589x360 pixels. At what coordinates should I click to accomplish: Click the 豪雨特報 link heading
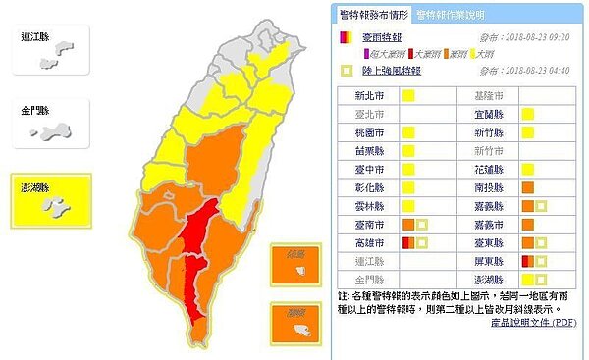tap(376, 36)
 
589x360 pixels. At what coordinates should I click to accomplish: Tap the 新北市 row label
tap(366, 96)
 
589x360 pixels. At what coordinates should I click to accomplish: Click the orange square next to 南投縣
tap(527, 187)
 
